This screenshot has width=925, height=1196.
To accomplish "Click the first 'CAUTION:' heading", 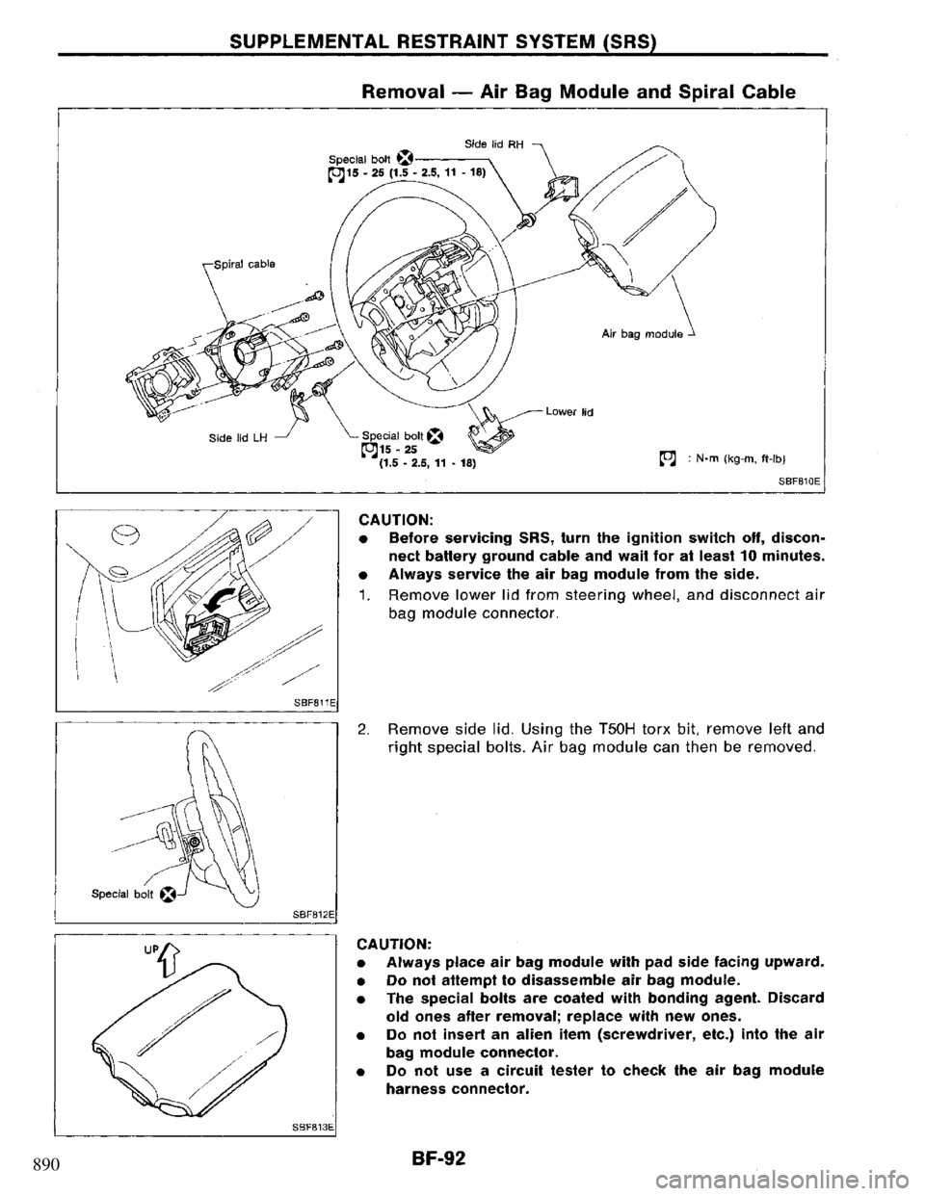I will click(x=387, y=513).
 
